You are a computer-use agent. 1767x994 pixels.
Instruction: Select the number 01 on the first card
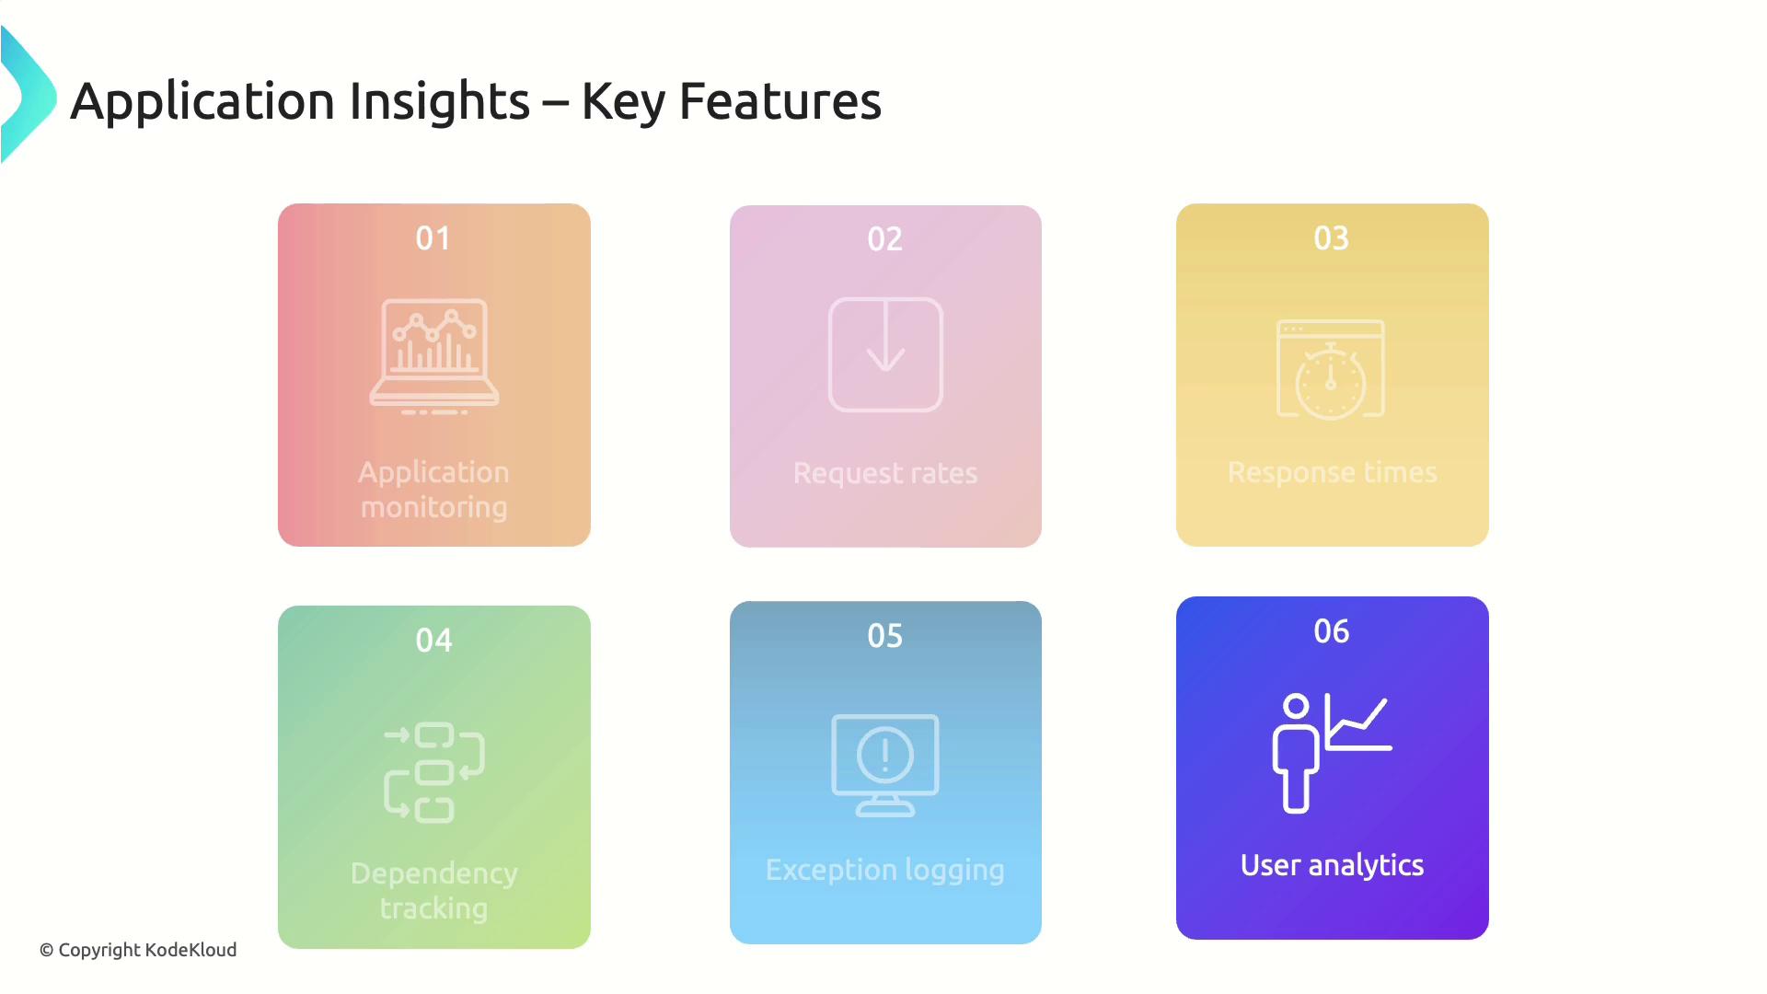[x=433, y=238]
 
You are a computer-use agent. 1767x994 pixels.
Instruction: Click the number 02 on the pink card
[x=885, y=239]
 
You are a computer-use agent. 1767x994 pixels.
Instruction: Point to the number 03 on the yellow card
[x=1332, y=238]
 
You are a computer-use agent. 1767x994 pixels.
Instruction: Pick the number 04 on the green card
[x=433, y=641]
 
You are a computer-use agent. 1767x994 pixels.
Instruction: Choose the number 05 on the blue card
[x=885, y=636]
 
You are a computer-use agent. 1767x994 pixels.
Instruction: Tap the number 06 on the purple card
[x=1332, y=631]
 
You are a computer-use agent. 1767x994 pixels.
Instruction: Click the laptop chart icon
[x=434, y=356]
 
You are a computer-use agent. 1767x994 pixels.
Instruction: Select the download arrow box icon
[x=885, y=354]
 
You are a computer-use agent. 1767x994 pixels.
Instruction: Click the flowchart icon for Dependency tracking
[x=434, y=772]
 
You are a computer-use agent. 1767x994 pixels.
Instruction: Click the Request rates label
[x=885, y=473]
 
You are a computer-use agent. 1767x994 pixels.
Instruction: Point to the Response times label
[x=1333, y=472]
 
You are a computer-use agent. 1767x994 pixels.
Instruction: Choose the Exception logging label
[x=885, y=871]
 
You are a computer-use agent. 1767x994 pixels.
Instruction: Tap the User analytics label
[x=1333, y=866]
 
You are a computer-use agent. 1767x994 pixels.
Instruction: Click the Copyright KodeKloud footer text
[x=138, y=950]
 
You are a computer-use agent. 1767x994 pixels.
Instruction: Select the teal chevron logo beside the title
[x=28, y=95]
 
